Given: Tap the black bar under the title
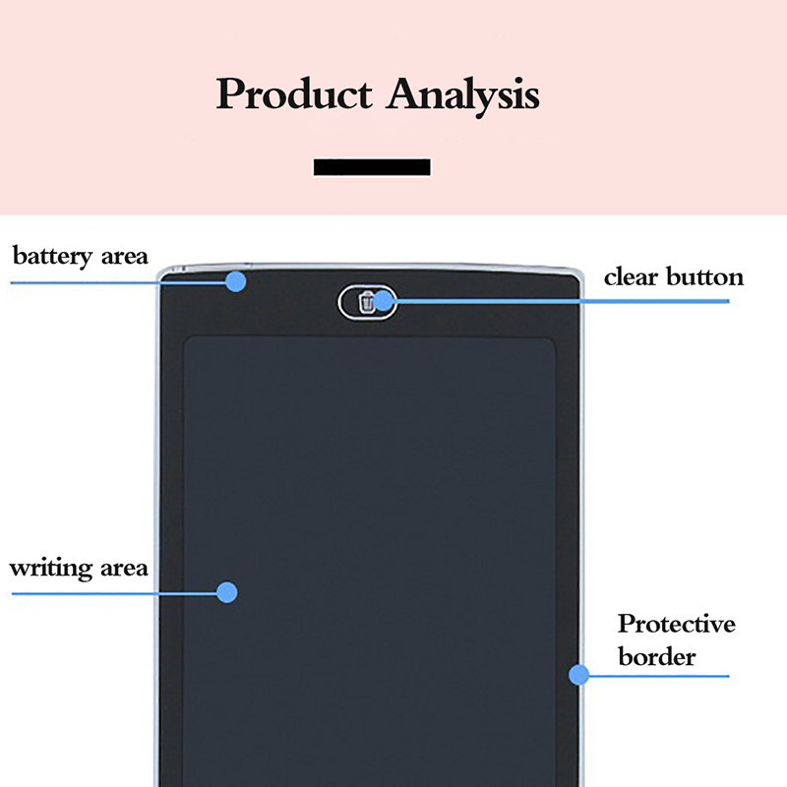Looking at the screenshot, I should [372, 167].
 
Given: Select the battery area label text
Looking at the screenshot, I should [80, 257].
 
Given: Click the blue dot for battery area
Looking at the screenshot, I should [235, 281].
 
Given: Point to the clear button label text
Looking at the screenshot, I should [674, 276].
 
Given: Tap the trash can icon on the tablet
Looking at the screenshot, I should [367, 302].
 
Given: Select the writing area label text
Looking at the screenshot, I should [79, 568].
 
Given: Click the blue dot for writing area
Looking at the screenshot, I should [227, 592].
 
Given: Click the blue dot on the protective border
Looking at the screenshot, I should [578, 675].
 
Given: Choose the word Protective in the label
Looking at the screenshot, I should [677, 625].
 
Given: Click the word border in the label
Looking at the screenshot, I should [657, 656].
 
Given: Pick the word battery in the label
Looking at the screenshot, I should [54, 257].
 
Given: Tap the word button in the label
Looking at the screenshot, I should [705, 276].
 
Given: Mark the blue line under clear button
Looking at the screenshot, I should [590, 300].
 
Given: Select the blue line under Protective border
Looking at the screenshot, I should [669, 676].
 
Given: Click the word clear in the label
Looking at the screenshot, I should [632, 276].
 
